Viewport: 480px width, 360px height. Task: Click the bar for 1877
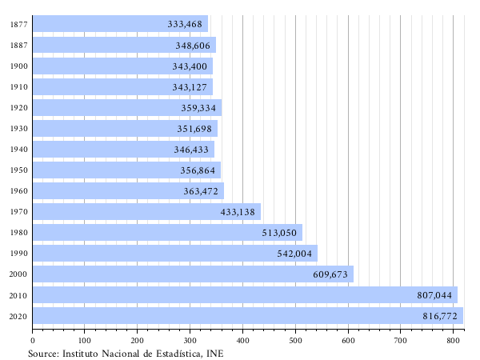(120, 24)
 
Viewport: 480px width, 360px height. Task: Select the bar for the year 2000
(192, 274)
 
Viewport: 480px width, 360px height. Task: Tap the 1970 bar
(144, 212)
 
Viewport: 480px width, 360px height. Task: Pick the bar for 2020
(240, 316)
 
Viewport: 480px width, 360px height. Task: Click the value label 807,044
(435, 295)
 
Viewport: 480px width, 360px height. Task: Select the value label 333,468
(185, 24)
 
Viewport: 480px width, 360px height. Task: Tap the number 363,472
(201, 191)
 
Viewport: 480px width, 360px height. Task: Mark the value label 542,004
(295, 254)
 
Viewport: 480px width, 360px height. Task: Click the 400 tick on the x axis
(242, 341)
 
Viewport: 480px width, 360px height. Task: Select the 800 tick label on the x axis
(453, 341)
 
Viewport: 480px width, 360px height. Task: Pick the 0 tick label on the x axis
(32, 341)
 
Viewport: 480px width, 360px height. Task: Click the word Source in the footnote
(42, 353)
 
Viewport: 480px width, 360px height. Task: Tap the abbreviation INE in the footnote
(214, 353)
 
